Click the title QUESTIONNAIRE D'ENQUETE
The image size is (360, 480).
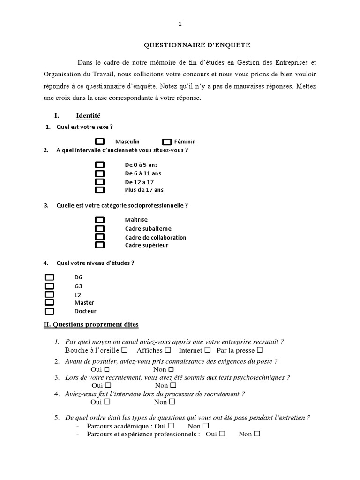coord(197,45)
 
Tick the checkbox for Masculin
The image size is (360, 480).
coord(100,142)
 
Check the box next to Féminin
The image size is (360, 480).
coord(167,142)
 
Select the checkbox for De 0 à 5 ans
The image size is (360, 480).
coord(100,165)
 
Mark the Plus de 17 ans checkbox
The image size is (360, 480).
coord(100,190)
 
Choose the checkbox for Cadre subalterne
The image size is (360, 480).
coord(100,228)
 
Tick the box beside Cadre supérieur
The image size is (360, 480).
coord(100,245)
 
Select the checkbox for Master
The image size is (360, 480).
coord(49,302)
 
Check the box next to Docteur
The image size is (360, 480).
coord(49,311)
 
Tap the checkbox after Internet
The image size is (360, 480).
coord(208,350)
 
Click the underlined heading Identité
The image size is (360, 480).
coord(88,116)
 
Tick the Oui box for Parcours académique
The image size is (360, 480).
coord(171,426)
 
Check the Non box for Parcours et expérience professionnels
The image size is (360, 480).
coord(256,434)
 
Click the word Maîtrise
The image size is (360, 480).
coord(136,220)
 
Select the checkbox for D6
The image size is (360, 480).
coord(49,277)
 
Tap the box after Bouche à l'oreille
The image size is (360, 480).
coord(125,350)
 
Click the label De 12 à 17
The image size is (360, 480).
coord(140,182)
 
